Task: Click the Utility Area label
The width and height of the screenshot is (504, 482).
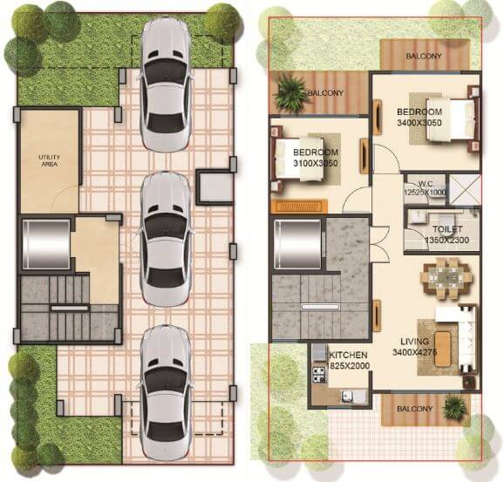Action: (x=48, y=160)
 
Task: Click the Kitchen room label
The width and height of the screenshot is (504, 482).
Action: (x=348, y=355)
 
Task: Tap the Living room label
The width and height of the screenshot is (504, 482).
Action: (x=414, y=342)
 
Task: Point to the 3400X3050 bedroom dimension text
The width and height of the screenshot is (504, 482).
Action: (x=420, y=123)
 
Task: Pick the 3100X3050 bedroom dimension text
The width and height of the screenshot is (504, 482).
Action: (x=315, y=163)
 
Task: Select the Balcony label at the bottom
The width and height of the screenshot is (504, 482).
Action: (x=414, y=407)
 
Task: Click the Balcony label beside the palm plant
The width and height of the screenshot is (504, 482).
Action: (x=325, y=93)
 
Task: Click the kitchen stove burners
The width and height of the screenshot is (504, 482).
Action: (x=317, y=366)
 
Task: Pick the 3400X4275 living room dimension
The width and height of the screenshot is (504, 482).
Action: (x=414, y=353)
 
